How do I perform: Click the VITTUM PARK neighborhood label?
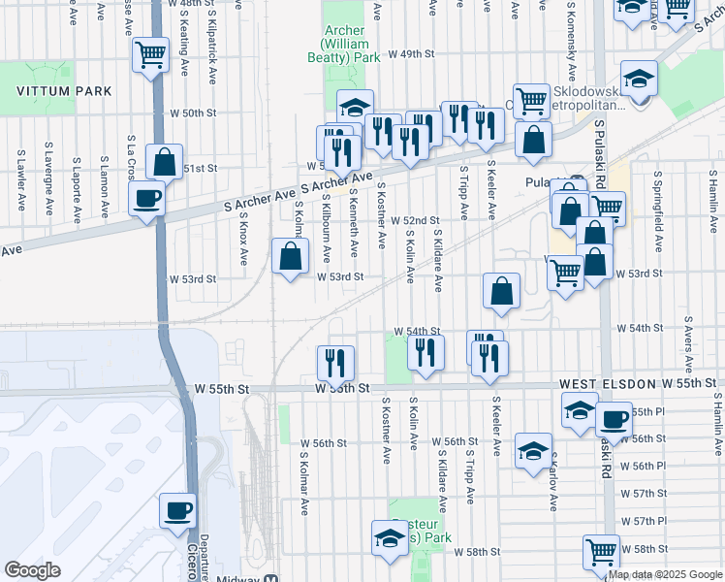pyautogui.click(x=63, y=91)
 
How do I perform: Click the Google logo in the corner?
pyautogui.click(x=32, y=570)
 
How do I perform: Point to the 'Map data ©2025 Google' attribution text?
pyautogui.click(x=665, y=574)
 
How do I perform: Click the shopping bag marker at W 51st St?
pyautogui.click(x=165, y=163)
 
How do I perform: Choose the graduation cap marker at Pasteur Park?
pyautogui.click(x=389, y=539)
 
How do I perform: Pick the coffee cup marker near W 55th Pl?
pyautogui.click(x=614, y=420)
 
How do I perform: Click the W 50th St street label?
pyautogui.click(x=191, y=113)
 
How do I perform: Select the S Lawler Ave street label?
pyautogui.click(x=20, y=179)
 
